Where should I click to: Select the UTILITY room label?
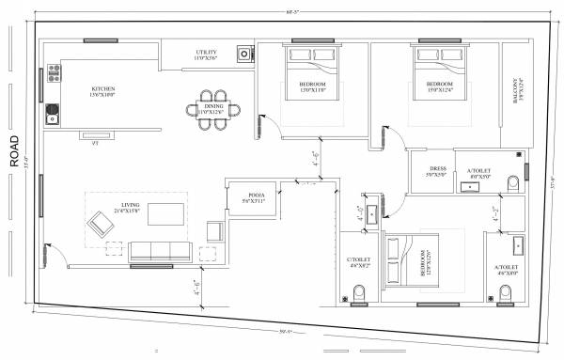[x=206, y=55]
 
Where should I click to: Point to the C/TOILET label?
[x=358, y=263]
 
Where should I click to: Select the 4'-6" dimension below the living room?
[x=197, y=287]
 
